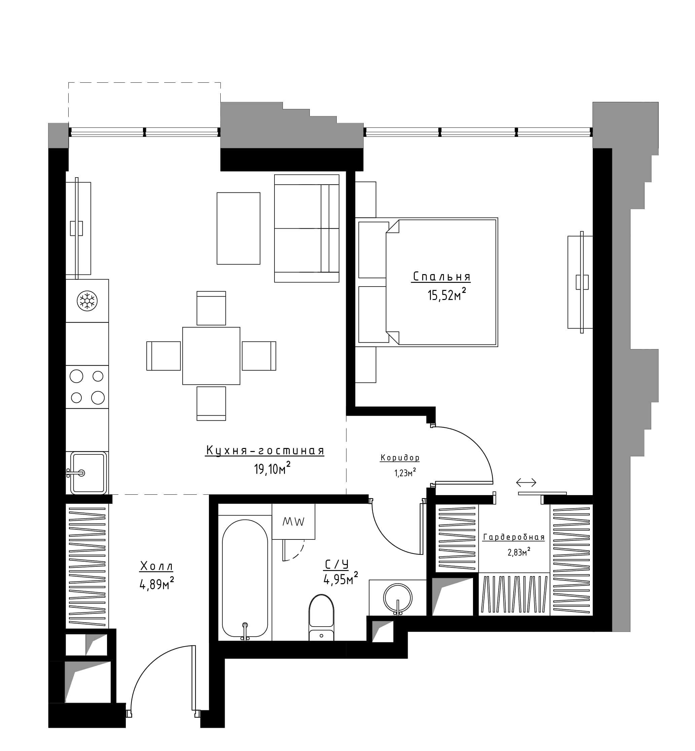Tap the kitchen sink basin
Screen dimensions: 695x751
point(89,473)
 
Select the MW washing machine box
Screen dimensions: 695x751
point(293,521)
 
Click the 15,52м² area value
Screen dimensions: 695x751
point(447,295)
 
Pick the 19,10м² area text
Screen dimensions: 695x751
point(272,468)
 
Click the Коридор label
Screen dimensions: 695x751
point(400,458)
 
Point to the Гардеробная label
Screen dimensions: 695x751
point(514,537)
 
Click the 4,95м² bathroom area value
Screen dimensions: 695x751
point(341,579)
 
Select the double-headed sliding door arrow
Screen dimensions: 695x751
point(526,482)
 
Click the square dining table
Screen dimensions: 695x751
point(211,356)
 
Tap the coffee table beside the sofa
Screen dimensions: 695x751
point(239,228)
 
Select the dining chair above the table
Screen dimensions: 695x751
point(211,308)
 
